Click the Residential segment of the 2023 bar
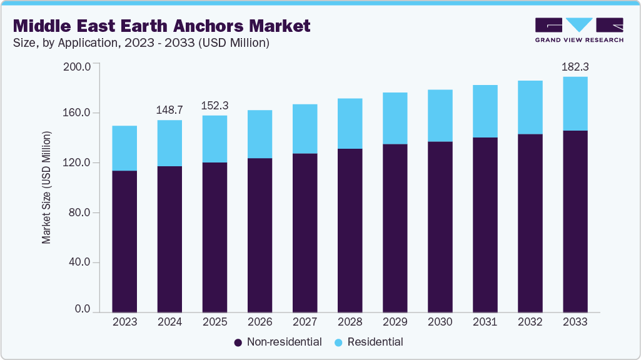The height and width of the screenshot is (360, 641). [124, 148]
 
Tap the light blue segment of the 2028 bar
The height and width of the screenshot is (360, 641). [350, 123]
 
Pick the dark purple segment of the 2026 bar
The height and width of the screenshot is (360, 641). [260, 234]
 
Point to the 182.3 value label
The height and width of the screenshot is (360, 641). [575, 66]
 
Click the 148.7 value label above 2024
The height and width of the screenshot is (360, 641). [169, 109]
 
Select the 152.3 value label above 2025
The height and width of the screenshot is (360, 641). [215, 105]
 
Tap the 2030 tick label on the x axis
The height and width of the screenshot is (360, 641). [440, 322]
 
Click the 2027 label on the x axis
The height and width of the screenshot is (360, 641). [305, 322]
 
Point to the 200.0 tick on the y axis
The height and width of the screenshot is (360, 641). [78, 66]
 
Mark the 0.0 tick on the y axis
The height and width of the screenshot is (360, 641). [83, 309]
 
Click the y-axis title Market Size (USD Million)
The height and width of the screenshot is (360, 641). [46, 187]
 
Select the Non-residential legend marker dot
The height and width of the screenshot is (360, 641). [238, 342]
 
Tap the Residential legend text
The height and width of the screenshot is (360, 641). [375, 342]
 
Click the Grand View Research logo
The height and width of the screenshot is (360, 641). [579, 30]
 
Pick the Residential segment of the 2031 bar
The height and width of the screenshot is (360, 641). [485, 111]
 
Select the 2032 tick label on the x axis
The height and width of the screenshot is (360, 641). [530, 322]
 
